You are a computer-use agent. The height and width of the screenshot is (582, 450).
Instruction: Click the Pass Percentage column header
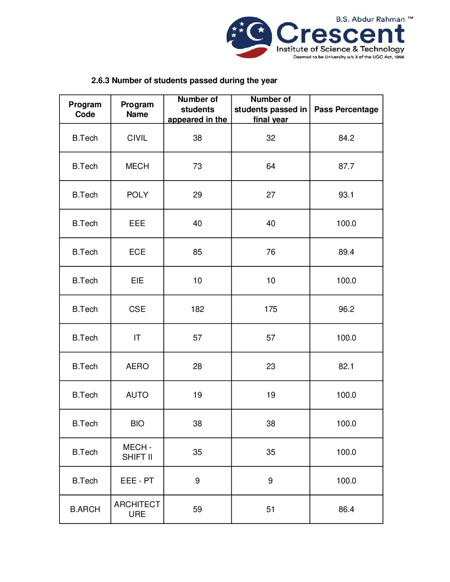click(x=346, y=109)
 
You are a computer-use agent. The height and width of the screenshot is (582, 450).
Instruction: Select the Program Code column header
click(x=85, y=109)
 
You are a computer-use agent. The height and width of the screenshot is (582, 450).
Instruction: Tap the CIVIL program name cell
click(x=137, y=138)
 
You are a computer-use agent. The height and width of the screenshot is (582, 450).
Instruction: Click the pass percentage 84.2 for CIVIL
click(x=346, y=138)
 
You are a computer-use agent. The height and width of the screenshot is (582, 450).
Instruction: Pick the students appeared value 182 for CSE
click(x=198, y=309)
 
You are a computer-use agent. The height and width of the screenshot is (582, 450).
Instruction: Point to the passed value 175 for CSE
click(x=271, y=309)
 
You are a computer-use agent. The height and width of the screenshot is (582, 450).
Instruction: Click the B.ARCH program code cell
click(x=85, y=509)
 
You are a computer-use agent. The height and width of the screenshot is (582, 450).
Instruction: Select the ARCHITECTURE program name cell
click(x=137, y=509)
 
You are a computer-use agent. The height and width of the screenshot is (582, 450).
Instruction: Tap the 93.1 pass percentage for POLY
click(x=346, y=195)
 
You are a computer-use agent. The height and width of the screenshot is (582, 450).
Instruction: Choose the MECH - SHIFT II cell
click(x=137, y=452)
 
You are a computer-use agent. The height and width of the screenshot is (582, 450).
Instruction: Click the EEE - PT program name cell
click(x=137, y=481)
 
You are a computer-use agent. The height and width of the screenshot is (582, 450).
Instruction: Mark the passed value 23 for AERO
click(x=271, y=366)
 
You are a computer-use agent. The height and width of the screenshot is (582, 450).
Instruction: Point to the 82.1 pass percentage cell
click(x=346, y=366)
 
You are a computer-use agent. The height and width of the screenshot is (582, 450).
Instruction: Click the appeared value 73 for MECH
click(x=198, y=166)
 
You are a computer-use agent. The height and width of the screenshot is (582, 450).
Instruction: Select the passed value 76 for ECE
click(x=271, y=252)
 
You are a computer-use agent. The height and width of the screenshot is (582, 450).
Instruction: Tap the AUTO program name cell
click(x=137, y=395)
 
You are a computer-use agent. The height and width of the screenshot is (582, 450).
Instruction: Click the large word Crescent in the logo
click(x=341, y=34)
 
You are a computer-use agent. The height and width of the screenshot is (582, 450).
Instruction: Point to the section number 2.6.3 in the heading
click(x=100, y=81)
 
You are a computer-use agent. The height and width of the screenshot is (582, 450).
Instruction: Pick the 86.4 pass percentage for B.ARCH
click(x=346, y=509)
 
